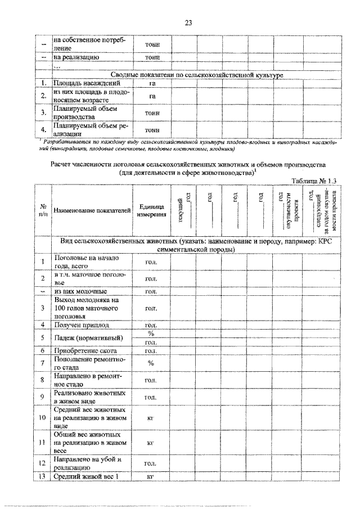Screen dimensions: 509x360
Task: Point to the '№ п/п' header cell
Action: tap(43, 210)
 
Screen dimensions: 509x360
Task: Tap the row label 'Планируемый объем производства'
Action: tap(82, 111)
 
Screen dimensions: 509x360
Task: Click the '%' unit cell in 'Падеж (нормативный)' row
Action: tap(151, 334)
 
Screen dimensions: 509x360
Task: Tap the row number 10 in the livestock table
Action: tap(43, 418)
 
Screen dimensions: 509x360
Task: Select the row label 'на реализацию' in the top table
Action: tap(76, 57)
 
